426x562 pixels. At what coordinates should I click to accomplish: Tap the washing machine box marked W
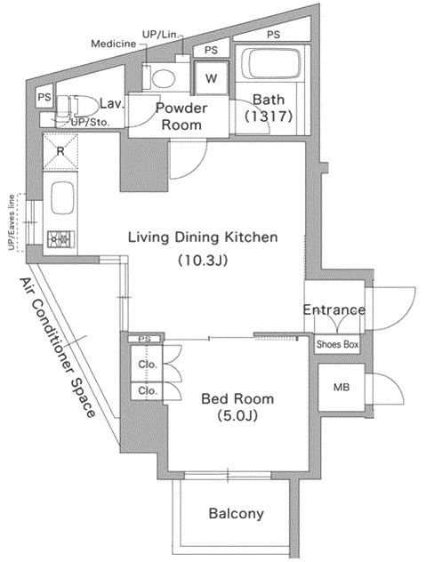(x=211, y=78)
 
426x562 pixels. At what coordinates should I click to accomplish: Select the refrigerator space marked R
(x=60, y=151)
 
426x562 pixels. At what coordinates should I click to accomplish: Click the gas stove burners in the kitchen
(x=60, y=238)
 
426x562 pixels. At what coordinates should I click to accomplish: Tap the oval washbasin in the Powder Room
(x=164, y=77)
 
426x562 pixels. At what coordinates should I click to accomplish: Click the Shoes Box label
(x=337, y=344)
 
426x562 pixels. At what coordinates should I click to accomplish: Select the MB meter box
(x=342, y=388)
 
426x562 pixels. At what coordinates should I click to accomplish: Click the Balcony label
(x=236, y=514)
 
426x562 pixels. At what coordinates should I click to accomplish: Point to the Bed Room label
(x=237, y=399)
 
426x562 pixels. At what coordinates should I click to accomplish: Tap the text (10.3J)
(x=203, y=261)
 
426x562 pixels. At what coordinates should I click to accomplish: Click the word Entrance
(x=334, y=309)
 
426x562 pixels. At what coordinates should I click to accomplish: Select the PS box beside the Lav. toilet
(x=44, y=97)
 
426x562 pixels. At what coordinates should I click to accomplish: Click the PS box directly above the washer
(x=211, y=50)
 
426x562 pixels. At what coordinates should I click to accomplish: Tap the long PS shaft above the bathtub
(x=272, y=33)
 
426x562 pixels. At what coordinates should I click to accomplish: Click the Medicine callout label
(x=114, y=44)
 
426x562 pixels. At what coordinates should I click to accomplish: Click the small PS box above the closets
(x=144, y=339)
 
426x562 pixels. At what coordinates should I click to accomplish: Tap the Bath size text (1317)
(x=269, y=116)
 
